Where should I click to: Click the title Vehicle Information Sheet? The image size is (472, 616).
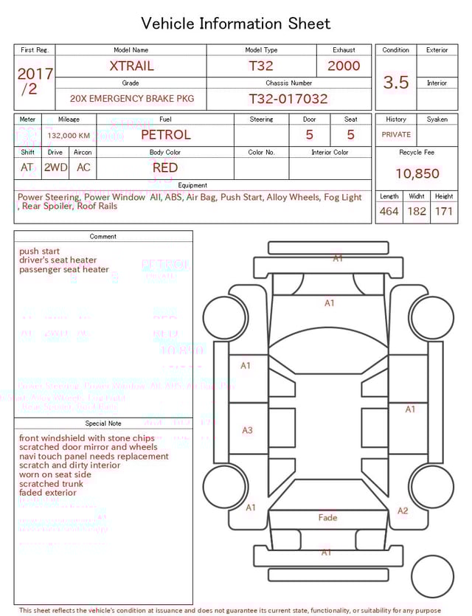click(236, 24)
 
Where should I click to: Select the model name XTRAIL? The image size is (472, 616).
click(132, 66)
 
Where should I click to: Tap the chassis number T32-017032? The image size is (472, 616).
click(288, 99)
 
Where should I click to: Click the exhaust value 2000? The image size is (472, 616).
click(344, 66)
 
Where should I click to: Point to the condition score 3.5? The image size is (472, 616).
click(396, 83)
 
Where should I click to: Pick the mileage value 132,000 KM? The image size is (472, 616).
click(69, 136)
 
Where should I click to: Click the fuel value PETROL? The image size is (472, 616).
click(165, 135)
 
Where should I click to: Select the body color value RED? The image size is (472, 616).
click(165, 167)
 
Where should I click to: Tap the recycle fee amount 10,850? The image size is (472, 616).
click(417, 174)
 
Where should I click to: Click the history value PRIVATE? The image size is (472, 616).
click(396, 135)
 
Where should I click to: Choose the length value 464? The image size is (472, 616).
click(389, 212)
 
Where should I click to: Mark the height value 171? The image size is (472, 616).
click(444, 212)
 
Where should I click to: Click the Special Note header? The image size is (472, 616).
click(103, 423)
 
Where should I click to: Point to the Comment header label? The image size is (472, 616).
click(103, 237)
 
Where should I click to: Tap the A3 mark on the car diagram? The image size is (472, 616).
click(248, 430)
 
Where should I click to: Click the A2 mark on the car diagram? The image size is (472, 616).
click(403, 511)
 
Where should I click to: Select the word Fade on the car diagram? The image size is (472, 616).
click(327, 518)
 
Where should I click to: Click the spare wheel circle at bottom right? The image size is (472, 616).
click(432, 577)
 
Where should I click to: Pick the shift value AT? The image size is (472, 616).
click(27, 167)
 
